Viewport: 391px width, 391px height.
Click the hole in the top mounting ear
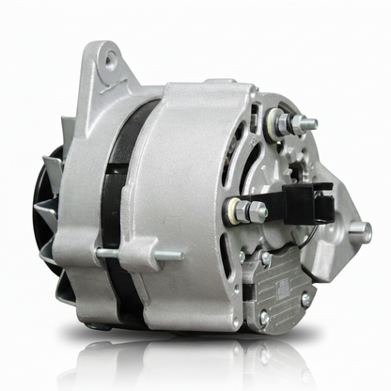[111, 61]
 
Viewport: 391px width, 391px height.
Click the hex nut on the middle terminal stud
[257, 210]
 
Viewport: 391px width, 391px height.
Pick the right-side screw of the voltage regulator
[305, 298]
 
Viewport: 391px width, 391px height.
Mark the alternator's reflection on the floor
[188, 367]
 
